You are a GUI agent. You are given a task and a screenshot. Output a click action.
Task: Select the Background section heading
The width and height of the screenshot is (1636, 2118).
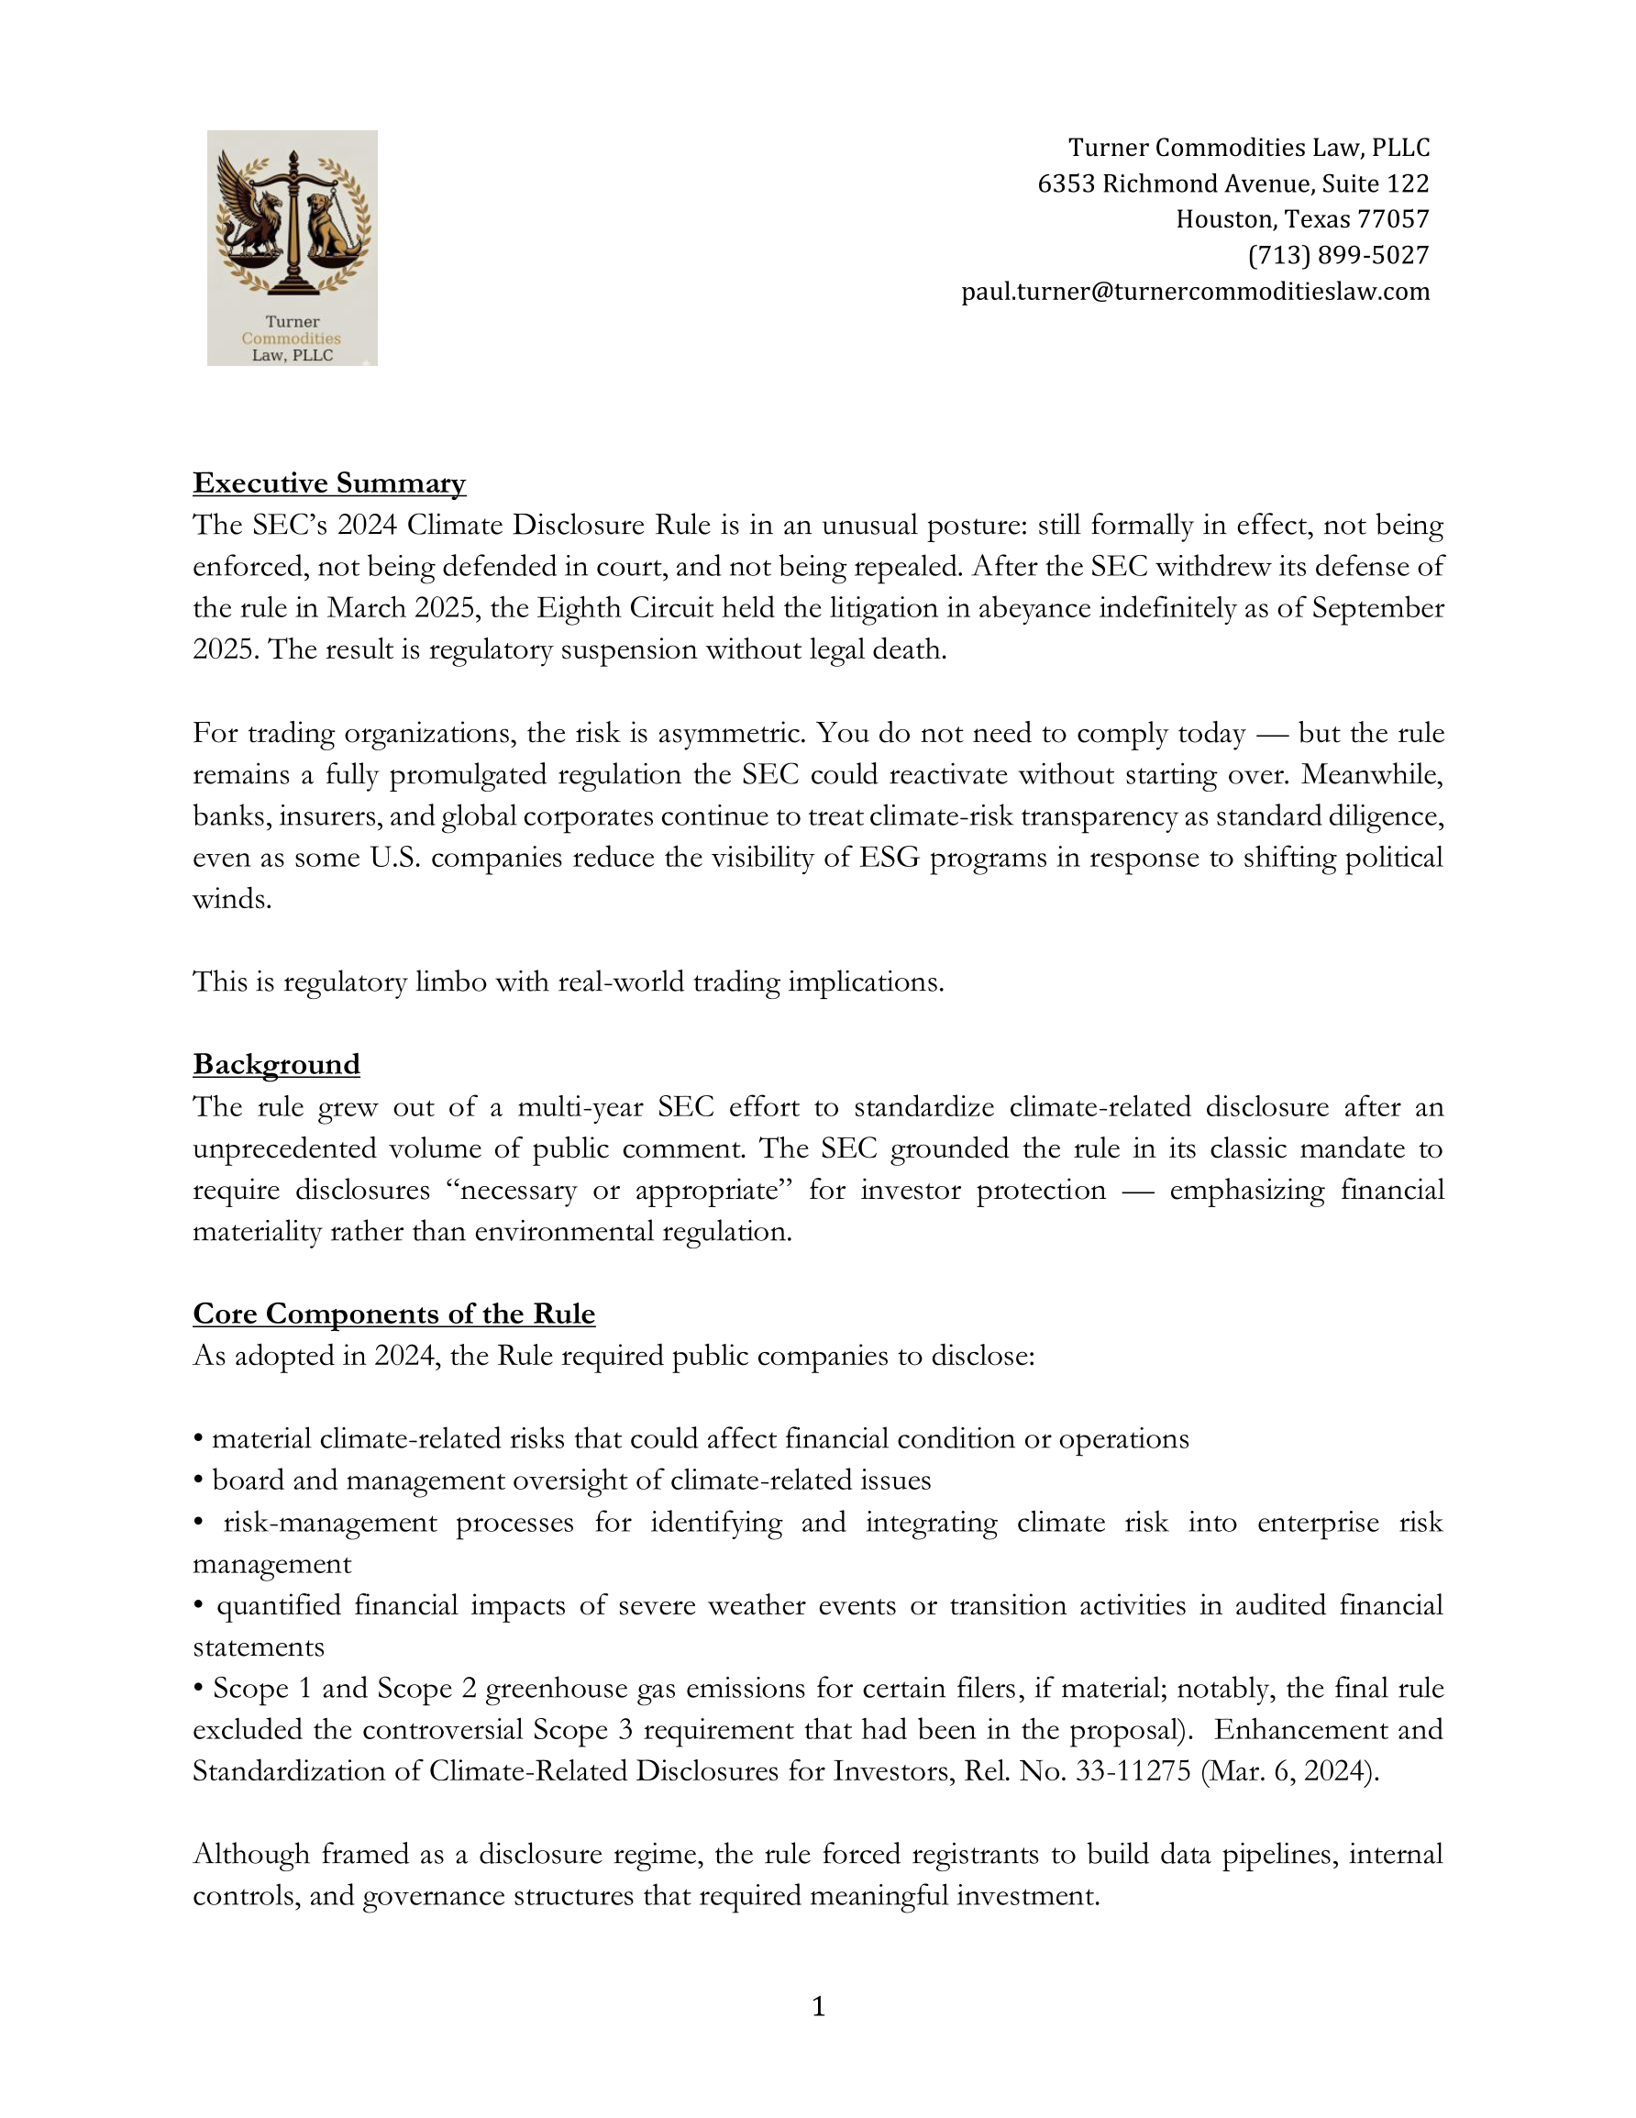click(276, 1064)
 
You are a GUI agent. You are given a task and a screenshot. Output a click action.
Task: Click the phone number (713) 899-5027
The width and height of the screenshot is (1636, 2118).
click(1338, 255)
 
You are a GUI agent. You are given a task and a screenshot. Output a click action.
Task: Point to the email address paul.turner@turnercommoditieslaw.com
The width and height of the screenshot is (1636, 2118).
click(1195, 292)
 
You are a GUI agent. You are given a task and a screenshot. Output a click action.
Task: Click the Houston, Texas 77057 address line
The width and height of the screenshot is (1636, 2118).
click(1302, 219)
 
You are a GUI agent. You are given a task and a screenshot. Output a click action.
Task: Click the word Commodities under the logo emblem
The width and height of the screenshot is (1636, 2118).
click(291, 338)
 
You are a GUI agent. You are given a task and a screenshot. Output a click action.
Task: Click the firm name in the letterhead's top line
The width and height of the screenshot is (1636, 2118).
click(1248, 148)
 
